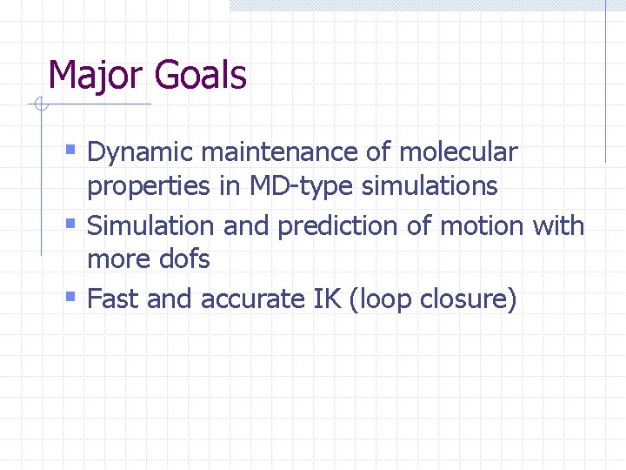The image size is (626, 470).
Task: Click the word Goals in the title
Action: coord(201,76)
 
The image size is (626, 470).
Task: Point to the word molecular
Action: coord(458,152)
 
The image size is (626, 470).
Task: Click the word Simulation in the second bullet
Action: coord(152,226)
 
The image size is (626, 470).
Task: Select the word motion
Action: coord(481,226)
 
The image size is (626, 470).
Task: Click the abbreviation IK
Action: coord(321,299)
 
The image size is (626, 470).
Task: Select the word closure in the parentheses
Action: coord(468,299)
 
